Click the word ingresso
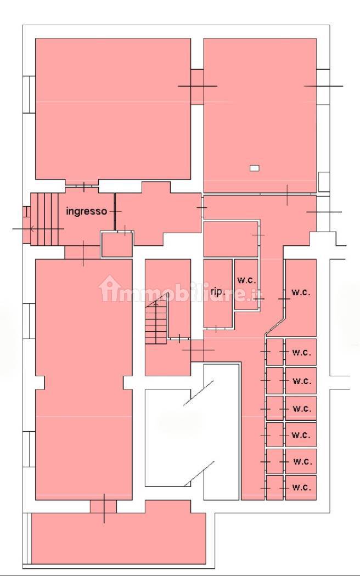86,211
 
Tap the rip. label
218,292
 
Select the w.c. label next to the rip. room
246,280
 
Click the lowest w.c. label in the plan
301,488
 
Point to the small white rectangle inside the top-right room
254,168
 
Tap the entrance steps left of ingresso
44,219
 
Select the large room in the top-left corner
113,109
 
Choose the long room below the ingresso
84,380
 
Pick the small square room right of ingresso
117,244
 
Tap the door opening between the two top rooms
197,87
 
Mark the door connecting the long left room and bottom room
104,506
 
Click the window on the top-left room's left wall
29,94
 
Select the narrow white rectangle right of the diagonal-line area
222,432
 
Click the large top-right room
260,115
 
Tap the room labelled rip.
218,293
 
